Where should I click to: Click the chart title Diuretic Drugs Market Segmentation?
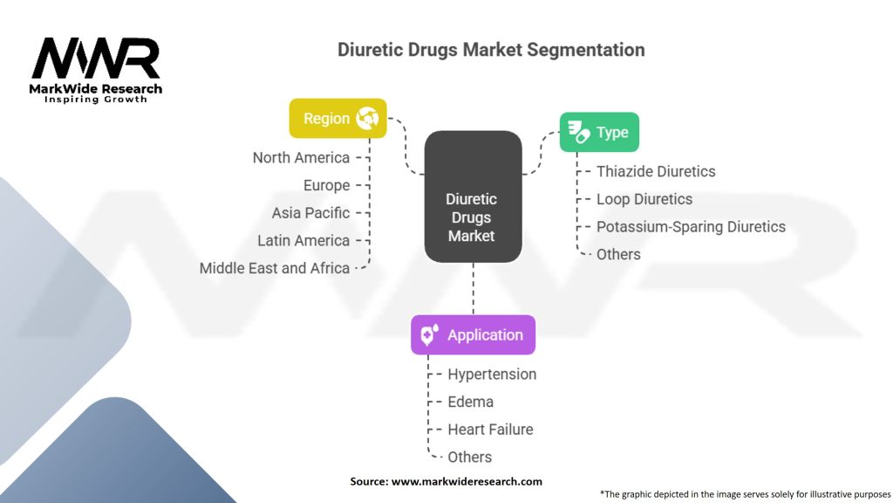(x=491, y=50)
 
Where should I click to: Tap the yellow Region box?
(x=338, y=119)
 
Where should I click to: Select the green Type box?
(x=599, y=133)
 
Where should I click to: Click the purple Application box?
(x=473, y=335)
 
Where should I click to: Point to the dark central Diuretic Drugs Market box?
(x=472, y=197)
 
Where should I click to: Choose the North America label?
(x=301, y=158)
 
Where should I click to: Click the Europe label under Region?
(x=326, y=185)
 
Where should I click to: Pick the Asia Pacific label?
(x=310, y=213)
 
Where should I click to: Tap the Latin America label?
(x=303, y=240)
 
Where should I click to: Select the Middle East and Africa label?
(x=274, y=268)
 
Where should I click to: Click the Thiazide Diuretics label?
(x=656, y=172)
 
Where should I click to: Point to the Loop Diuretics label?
(x=644, y=199)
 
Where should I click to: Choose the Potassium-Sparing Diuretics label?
(x=691, y=227)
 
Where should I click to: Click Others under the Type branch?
(x=618, y=254)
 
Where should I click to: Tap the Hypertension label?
(x=492, y=375)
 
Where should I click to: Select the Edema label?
(x=470, y=402)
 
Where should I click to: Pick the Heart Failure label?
(x=490, y=430)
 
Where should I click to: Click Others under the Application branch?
(x=469, y=457)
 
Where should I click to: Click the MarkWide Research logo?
(x=96, y=69)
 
